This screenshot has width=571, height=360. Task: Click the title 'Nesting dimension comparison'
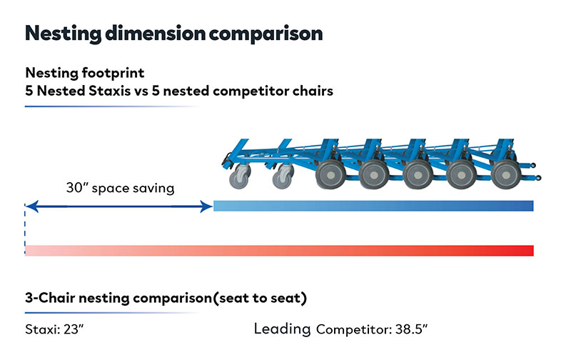173,33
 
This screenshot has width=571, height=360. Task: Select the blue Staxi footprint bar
373,206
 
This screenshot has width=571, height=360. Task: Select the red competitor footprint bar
279,250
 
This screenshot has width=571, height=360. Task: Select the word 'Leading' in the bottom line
283,329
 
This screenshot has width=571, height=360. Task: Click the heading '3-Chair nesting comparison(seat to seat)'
166,298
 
